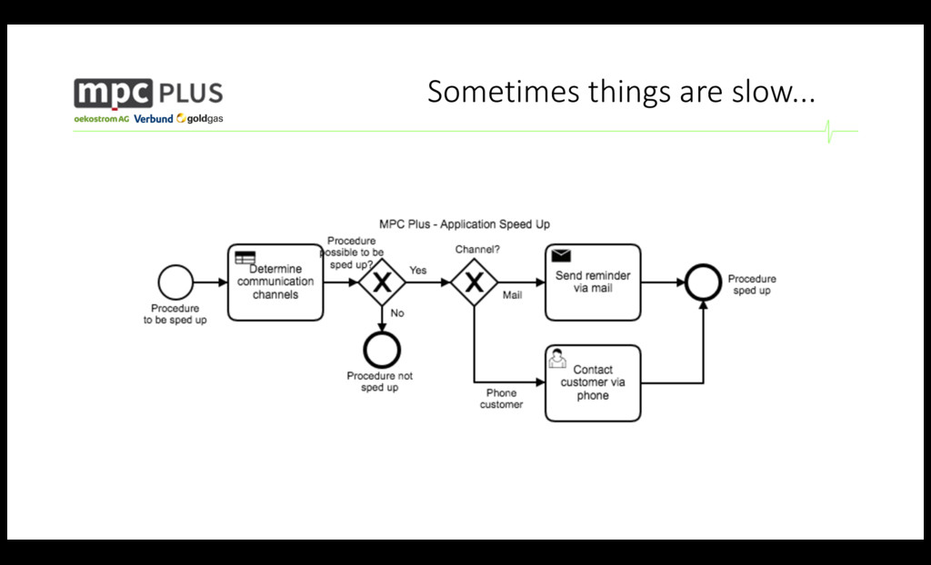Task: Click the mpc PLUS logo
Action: coord(148,93)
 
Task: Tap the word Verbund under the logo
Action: coord(153,119)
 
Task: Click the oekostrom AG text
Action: coord(101,119)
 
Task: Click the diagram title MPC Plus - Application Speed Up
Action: coord(464,223)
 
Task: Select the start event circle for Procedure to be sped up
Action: coord(175,282)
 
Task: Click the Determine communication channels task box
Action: coord(275,282)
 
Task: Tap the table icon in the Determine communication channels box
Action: coord(245,257)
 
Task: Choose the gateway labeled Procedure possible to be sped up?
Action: coord(382,282)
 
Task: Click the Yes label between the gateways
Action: coord(417,271)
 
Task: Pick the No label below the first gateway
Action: coord(397,312)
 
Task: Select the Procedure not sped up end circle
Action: coord(380,349)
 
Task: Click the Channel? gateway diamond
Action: coord(474,282)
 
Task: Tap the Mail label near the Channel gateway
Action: coord(512,295)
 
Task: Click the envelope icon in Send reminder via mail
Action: coord(561,255)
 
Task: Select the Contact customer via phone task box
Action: coord(593,382)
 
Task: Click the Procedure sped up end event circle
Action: coord(702,282)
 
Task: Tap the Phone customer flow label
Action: coord(501,399)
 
